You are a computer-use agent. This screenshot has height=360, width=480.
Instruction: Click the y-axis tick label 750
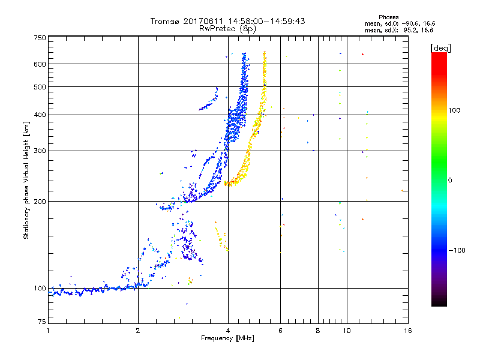click(x=40, y=38)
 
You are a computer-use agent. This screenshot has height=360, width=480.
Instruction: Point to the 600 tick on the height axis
click(x=40, y=64)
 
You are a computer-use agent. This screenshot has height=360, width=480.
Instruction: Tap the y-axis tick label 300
click(x=40, y=151)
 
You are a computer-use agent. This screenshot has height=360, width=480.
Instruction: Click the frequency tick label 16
click(x=407, y=331)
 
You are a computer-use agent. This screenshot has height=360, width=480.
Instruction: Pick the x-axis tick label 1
click(x=48, y=331)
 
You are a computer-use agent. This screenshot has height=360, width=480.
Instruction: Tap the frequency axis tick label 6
click(x=281, y=331)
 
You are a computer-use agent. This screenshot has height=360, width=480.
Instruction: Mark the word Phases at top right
click(x=389, y=17)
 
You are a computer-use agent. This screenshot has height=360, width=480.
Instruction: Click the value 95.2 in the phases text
click(x=410, y=29)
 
